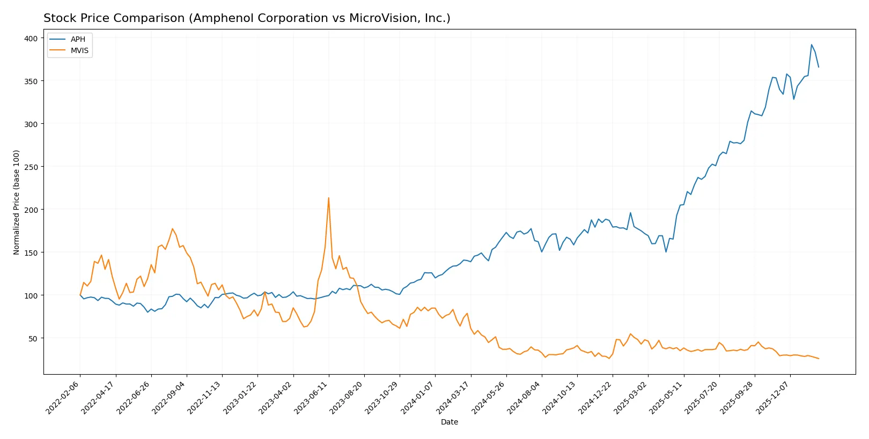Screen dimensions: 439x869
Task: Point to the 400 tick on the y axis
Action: click(31, 38)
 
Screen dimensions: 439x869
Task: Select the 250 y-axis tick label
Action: click(31, 167)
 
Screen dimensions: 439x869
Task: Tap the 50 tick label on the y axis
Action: click(33, 338)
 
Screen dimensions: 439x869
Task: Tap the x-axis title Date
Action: click(449, 422)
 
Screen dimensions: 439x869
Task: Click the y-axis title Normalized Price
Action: click(16, 202)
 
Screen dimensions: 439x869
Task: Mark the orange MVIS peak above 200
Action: click(328, 198)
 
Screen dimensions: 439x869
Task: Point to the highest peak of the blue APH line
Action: click(811, 44)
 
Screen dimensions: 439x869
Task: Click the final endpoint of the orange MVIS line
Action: click(819, 359)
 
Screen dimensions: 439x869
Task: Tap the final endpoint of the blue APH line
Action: click(819, 67)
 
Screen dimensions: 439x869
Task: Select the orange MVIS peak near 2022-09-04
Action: click(172, 229)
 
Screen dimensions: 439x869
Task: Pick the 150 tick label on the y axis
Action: click(31, 252)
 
